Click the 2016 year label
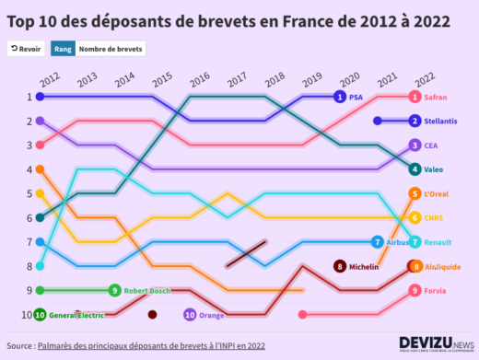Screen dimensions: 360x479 click(199, 79)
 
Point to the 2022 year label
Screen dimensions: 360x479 click(424, 79)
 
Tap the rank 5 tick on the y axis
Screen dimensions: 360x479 click(29, 193)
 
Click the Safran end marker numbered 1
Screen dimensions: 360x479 click(415, 97)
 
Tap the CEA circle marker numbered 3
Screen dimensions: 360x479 click(415, 145)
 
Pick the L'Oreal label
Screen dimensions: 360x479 click(440, 193)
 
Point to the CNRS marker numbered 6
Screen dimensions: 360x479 click(415, 218)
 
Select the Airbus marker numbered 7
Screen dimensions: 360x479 click(378, 242)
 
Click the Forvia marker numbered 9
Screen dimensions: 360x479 click(415, 290)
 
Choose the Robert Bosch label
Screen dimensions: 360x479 click(147, 290)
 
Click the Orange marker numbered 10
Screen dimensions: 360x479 click(190, 315)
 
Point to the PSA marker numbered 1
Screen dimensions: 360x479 click(340, 97)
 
